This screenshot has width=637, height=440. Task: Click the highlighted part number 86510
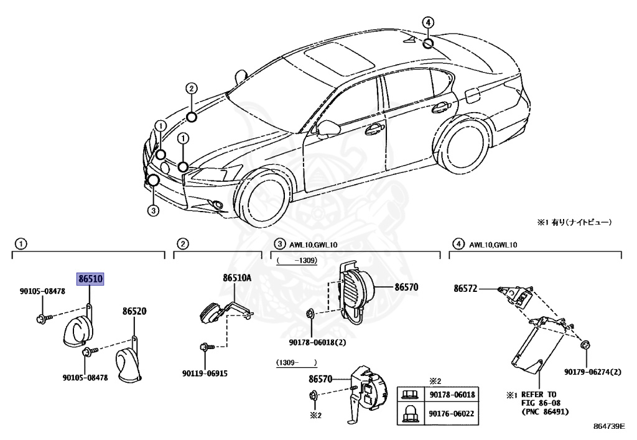[x=90, y=279]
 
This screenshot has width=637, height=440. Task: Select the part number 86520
[x=134, y=311]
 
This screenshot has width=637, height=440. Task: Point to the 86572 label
[x=465, y=288]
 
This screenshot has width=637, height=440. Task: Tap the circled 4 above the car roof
[x=427, y=23]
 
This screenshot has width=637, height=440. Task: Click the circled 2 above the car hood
[x=192, y=88]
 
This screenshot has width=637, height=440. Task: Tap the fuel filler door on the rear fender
[x=472, y=95]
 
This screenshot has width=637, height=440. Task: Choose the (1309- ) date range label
[x=297, y=362]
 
